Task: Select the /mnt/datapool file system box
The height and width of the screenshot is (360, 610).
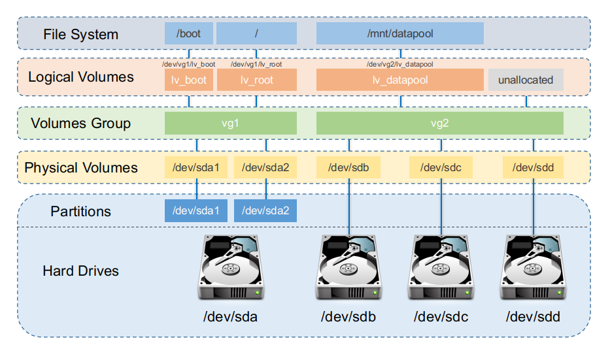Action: pos(399,33)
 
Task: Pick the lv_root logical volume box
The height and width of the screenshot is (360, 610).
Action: pos(256,80)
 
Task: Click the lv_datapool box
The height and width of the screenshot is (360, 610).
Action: pos(399,80)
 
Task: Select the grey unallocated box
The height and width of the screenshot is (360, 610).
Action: pos(525,80)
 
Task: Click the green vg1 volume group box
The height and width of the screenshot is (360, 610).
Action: pos(230,123)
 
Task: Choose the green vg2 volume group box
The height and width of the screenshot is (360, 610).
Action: pos(439,123)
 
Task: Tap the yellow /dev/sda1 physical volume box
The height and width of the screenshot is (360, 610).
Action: pos(195,168)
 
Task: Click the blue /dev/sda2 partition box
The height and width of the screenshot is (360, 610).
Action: pos(265,211)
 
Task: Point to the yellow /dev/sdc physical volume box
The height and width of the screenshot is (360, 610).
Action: pos(441,168)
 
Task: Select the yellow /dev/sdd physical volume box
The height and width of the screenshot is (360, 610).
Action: pos(534,168)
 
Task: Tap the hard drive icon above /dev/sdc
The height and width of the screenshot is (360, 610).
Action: pos(441,268)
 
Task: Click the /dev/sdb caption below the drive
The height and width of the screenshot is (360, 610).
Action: pos(348,318)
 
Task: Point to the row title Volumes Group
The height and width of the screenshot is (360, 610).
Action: pos(81,123)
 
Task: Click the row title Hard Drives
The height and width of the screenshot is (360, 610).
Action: pos(80,270)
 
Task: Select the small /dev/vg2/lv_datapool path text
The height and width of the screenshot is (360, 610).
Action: pos(399,64)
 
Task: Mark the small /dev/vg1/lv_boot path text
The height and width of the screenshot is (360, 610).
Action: pos(188,64)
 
